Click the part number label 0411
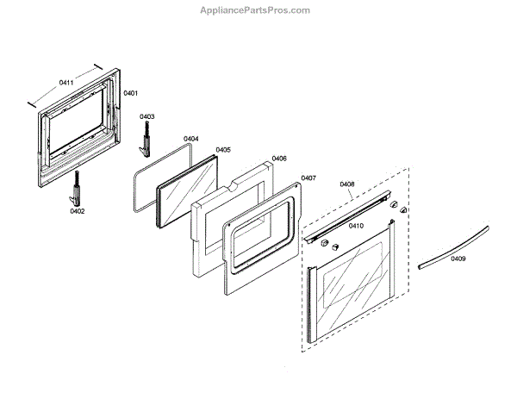pyautogui.click(x=67, y=83)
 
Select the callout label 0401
pyautogui.click(x=131, y=92)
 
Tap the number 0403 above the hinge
pyautogui.click(x=147, y=116)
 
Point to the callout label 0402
pyautogui.click(x=77, y=209)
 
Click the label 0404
pyautogui.click(x=191, y=138)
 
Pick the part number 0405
pyautogui.click(x=222, y=149)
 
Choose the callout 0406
pyautogui.click(x=279, y=159)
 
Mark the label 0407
pyautogui.click(x=308, y=178)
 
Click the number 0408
pyautogui.click(x=347, y=184)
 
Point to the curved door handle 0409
pyautogui.click(x=453, y=247)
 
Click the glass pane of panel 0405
pyautogui.click(x=189, y=192)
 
